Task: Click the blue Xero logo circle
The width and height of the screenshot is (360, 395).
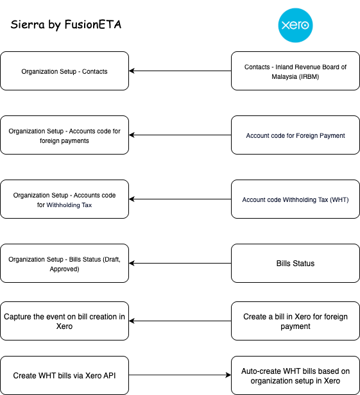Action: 295,25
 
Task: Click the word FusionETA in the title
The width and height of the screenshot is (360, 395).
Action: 93,24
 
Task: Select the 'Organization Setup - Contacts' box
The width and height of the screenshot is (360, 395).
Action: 65,71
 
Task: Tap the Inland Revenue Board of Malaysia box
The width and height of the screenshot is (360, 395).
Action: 295,71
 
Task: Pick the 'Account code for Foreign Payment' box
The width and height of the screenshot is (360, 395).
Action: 295,135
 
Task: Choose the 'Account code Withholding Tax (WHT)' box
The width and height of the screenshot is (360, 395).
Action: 295,199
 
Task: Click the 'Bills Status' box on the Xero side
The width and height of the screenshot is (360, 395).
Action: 295,264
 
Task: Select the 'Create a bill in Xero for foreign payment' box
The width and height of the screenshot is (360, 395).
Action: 295,321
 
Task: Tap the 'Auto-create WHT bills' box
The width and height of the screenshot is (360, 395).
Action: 295,375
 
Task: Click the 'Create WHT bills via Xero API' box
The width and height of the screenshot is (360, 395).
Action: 65,375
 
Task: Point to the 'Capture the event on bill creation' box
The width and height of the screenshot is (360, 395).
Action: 65,321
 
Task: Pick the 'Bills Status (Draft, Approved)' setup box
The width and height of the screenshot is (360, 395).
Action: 65,264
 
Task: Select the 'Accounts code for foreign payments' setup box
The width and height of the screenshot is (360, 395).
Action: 65,135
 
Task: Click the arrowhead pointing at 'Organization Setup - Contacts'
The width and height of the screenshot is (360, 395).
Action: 132,71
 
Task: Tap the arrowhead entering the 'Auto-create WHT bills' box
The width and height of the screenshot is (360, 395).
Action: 228,375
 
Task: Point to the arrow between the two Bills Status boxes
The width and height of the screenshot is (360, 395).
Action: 180,264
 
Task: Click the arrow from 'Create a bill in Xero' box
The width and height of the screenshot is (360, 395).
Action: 180,321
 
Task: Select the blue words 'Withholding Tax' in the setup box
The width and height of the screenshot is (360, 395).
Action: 69,205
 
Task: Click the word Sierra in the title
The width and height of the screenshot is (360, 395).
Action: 28,24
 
